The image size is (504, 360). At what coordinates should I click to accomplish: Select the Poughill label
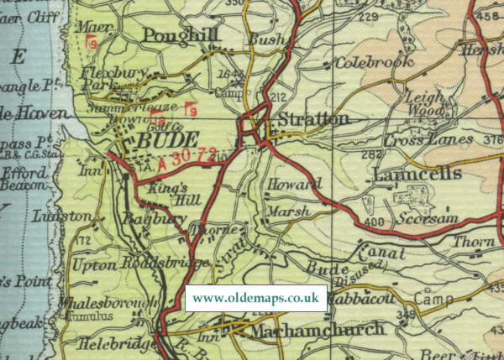181,34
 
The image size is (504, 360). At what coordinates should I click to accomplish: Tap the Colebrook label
375,62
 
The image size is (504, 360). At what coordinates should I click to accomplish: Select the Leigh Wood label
424,103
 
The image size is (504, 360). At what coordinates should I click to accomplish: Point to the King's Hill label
165,195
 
